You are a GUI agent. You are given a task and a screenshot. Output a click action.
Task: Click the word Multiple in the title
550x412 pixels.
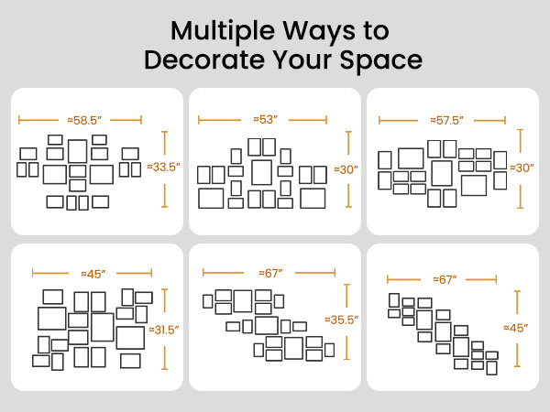coord(223,32)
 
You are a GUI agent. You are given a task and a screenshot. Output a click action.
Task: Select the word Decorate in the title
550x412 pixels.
coord(204,60)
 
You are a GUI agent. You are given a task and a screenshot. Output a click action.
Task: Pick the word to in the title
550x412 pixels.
coord(377,31)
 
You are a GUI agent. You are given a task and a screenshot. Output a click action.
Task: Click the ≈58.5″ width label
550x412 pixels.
coord(84,120)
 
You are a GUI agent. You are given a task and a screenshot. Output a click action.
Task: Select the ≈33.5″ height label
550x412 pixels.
coord(164,167)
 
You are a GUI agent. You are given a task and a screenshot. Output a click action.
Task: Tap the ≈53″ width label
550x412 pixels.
coord(266,119)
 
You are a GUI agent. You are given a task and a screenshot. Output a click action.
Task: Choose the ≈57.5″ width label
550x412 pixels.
coord(447,121)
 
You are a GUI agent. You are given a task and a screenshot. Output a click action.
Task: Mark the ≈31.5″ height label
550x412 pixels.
coord(164,330)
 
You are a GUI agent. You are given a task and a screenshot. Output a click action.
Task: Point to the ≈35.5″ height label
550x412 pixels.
coord(342,320)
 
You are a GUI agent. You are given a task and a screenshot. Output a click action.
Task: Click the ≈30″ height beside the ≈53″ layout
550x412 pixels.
coord(346,169)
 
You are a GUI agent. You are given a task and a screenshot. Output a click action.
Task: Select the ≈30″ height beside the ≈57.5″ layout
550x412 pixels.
coord(522,168)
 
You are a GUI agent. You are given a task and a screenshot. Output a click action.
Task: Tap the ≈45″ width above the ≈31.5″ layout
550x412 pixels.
coord(93,274)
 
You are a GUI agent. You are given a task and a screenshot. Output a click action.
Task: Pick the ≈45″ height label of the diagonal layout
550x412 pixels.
coord(515,328)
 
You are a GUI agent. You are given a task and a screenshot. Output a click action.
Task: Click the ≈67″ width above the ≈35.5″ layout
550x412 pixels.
coord(270,273)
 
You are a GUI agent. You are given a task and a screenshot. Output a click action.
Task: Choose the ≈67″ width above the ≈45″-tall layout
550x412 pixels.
coord(445,279)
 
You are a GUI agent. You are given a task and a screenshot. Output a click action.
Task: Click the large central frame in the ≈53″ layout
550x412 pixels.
coord(253,172)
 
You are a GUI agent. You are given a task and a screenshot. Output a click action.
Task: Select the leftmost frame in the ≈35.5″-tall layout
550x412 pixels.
coord(203,301)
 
